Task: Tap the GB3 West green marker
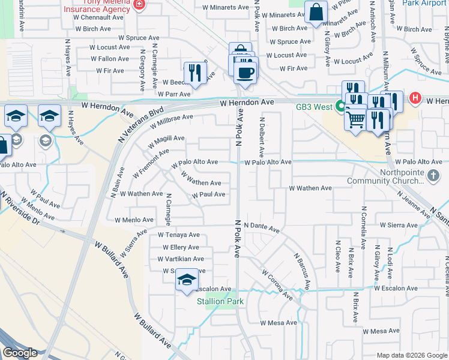tap(340, 107)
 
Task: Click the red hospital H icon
tap(414, 98)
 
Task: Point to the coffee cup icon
tap(245, 73)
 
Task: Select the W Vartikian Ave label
tap(181, 259)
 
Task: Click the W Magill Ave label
tap(166, 139)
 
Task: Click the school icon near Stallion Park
tap(187, 280)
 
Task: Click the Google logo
tap(19, 352)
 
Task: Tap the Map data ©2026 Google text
tap(411, 355)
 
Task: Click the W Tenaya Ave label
tap(178, 235)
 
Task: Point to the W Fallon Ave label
tap(110, 59)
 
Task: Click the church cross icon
tap(434, 176)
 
